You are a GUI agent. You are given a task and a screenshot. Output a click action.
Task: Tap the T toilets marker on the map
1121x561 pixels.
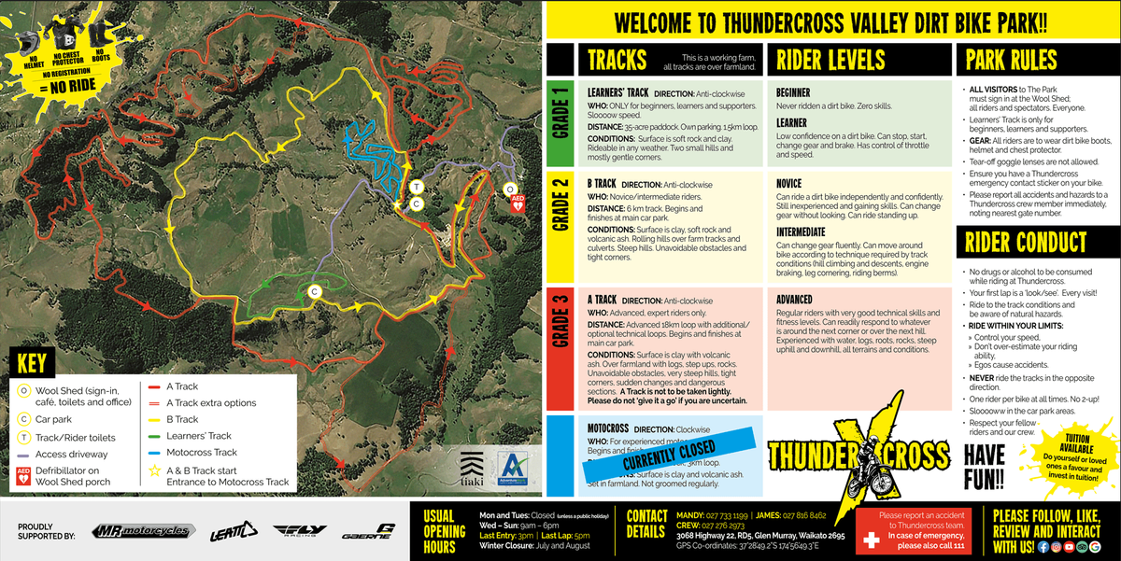(415, 186)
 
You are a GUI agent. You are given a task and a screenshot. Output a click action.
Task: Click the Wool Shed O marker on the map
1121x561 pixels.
(510, 189)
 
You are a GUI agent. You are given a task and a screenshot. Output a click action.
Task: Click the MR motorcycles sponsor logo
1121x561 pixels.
(144, 531)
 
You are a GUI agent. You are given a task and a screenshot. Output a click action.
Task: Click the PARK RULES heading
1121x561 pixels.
(1011, 61)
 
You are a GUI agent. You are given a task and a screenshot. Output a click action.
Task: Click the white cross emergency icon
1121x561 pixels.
(871, 541)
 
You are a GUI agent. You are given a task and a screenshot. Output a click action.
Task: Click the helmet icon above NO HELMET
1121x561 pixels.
(29, 43)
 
